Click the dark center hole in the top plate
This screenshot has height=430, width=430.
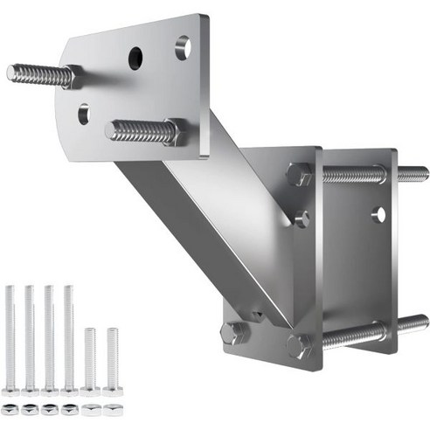click(136, 59)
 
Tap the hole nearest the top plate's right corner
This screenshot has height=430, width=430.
click(183, 47)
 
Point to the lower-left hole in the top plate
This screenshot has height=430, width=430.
click(83, 112)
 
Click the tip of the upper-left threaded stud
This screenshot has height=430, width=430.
click(12, 73)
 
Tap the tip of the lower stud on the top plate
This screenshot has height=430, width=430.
click(112, 132)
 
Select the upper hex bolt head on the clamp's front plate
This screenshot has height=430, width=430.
click(299, 175)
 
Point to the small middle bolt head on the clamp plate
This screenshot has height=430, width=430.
click(302, 218)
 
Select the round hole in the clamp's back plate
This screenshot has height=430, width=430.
click(378, 212)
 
